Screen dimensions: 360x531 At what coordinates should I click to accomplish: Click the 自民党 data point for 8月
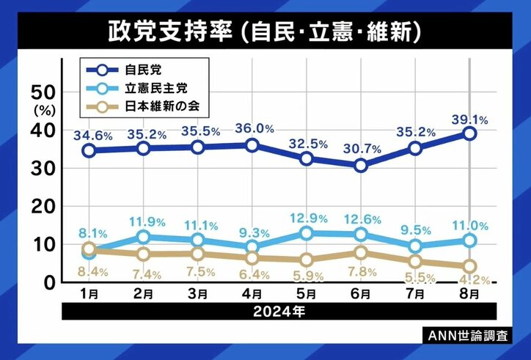point(469,133)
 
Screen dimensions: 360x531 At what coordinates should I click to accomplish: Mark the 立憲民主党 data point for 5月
point(307,233)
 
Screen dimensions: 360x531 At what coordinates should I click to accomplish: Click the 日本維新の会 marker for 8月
point(469,266)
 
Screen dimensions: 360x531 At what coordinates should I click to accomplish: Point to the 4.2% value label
point(471,279)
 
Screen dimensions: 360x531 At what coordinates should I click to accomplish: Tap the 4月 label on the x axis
point(252,294)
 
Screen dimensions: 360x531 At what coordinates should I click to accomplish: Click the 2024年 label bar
point(279,310)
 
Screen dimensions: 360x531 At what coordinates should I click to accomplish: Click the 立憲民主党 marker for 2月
point(144,237)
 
